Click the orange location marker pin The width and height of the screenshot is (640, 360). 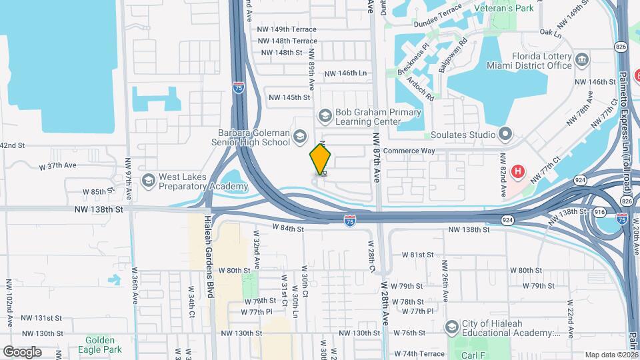coord(321,159)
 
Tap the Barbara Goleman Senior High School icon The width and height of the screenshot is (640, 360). coord(299,137)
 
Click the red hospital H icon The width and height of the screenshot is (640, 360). coord(517,172)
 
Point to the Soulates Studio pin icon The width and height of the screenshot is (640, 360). coord(505,135)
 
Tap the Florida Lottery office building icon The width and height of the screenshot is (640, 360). coord(582,61)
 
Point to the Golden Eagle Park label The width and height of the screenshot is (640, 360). coord(103,344)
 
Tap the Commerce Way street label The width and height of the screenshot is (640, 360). coord(409,151)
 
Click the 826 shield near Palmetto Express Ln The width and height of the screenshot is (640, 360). coord(621,46)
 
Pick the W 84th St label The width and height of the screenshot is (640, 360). coord(288,229)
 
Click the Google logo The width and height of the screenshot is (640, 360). coord(22,351)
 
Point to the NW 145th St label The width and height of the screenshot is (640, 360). coord(289,97)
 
